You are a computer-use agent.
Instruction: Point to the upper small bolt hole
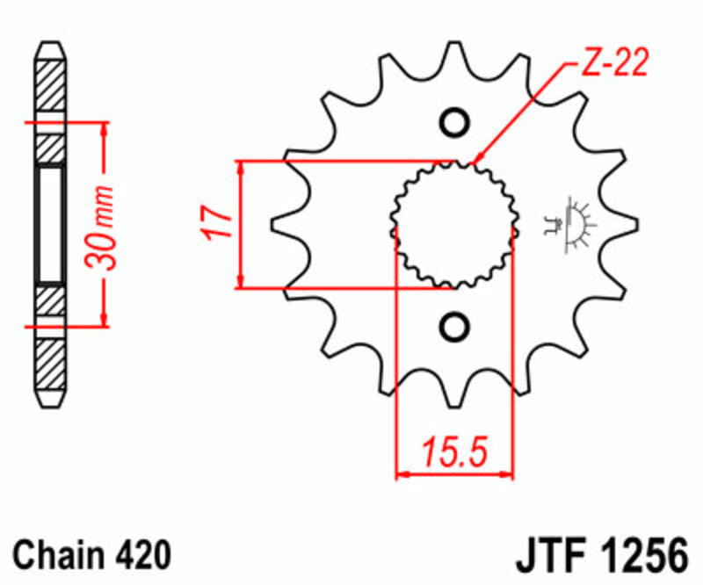coord(454,123)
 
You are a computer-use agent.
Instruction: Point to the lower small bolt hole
coord(454,327)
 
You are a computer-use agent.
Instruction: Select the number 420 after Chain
coord(141,556)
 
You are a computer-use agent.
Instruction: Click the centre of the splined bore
coord(453,225)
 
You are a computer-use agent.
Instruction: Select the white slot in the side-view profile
coord(50,225)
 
